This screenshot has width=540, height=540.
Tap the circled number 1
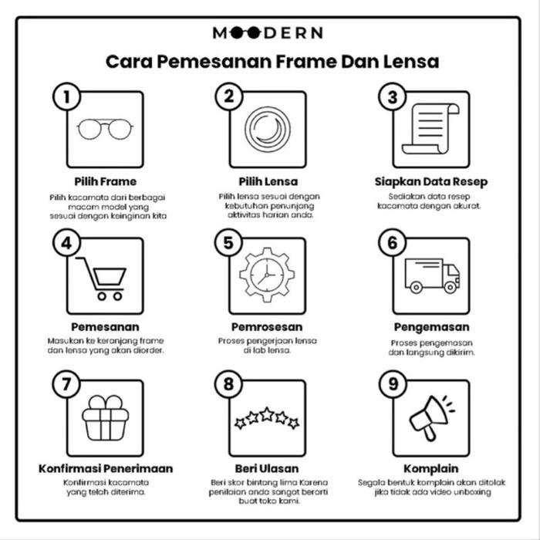click(67, 96)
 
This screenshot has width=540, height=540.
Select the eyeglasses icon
click(106, 128)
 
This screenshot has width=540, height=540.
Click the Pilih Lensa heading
click(268, 181)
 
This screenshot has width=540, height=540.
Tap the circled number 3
click(393, 96)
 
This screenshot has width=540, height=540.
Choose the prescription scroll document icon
click(434, 128)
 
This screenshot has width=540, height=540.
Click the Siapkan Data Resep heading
click(431, 181)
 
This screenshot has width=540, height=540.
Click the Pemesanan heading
click(105, 327)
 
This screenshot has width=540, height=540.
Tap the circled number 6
click(393, 243)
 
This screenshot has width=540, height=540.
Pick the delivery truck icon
click(432, 275)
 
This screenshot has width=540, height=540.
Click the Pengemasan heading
click(431, 327)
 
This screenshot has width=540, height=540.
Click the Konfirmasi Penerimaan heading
click(106, 468)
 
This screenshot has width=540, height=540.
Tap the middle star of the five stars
click(267, 415)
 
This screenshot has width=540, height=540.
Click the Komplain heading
click(431, 468)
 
